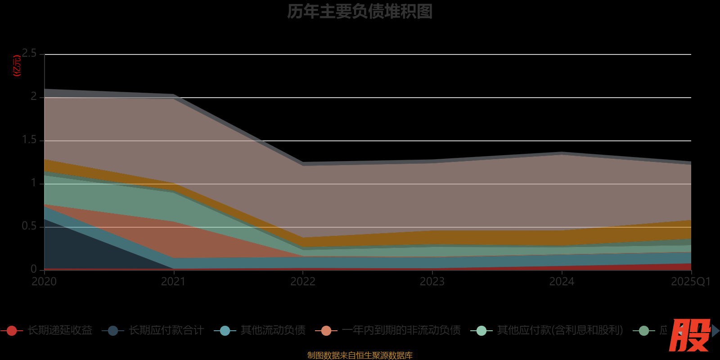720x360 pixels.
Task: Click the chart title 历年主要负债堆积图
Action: [x=360, y=12]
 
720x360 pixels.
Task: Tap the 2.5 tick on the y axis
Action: [x=29, y=54]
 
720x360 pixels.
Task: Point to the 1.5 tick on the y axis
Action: [x=29, y=140]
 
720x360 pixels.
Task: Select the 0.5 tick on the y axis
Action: [x=29, y=226]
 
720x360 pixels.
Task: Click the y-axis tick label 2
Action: [x=34, y=97]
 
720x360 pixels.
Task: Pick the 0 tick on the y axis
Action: [x=34, y=269]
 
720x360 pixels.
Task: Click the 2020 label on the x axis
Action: [x=44, y=282]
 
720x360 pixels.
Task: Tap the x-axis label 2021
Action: [x=173, y=282]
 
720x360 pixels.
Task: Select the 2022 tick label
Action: [x=303, y=282]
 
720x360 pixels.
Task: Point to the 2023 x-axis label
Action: [x=432, y=282]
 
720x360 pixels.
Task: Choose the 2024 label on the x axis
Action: [x=562, y=282]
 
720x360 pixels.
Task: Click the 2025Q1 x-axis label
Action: [x=690, y=282]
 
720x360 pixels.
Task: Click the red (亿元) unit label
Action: [x=17, y=66]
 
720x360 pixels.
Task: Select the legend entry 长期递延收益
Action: [x=60, y=330]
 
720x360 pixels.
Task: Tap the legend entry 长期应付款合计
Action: [x=166, y=330]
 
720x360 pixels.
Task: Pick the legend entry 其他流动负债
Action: [x=273, y=330]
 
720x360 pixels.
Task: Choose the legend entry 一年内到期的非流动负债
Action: [x=401, y=330]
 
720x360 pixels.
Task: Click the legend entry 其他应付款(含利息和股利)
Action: [x=560, y=330]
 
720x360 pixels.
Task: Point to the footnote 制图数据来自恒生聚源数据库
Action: [x=360, y=355]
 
